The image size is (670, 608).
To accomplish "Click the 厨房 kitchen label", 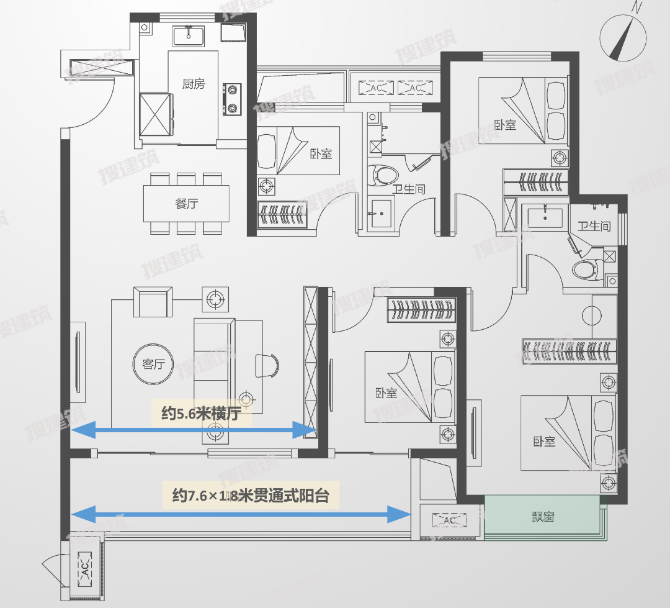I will (x=193, y=84).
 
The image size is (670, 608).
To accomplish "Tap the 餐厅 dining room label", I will (x=187, y=204).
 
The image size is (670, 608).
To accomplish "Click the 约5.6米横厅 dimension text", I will (x=201, y=414).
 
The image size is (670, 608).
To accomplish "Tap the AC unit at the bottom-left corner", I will (x=83, y=566).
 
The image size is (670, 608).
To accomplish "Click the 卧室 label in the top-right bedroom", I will (x=506, y=125).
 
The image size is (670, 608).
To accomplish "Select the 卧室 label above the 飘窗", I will (x=543, y=442).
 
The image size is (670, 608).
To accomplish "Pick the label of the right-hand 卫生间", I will (x=594, y=227).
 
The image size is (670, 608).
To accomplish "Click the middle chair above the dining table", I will (x=186, y=179).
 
